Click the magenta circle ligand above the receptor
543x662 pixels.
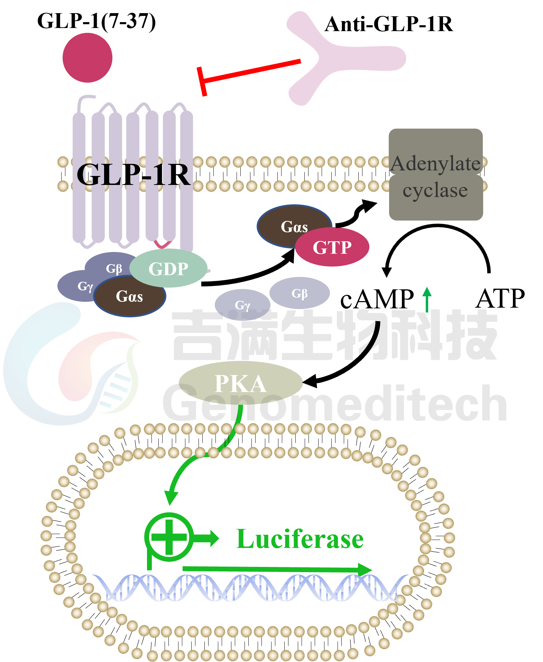click(x=88, y=58)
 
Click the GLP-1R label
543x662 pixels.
click(x=133, y=175)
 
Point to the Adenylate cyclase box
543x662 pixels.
click(x=436, y=175)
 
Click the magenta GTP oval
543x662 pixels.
click(x=332, y=248)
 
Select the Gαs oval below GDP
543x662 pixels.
click(x=129, y=297)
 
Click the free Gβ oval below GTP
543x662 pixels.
click(x=300, y=293)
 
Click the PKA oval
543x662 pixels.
click(x=241, y=383)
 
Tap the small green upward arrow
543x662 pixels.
click(x=427, y=299)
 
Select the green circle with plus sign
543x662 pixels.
click(x=169, y=537)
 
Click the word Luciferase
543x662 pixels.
click(x=300, y=539)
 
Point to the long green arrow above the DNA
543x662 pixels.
click(x=277, y=569)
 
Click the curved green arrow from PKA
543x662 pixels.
click(x=194, y=463)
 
